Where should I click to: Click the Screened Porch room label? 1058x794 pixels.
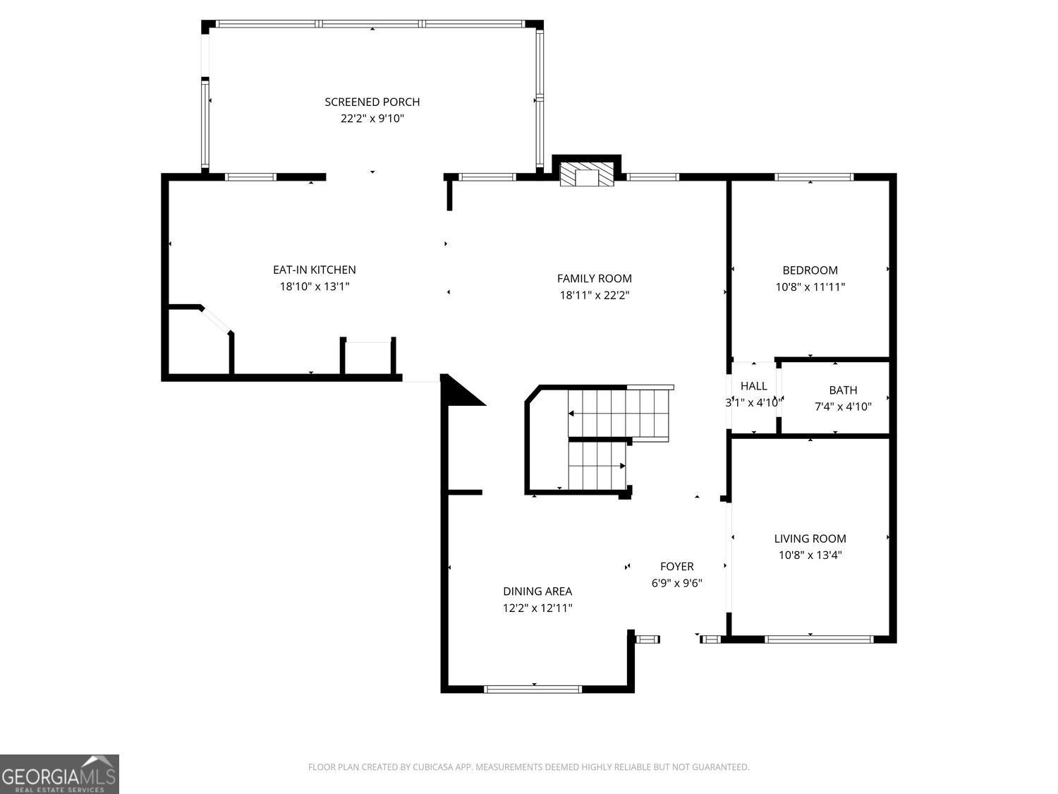[x=372, y=102]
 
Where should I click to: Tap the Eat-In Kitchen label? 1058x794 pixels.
[x=315, y=270]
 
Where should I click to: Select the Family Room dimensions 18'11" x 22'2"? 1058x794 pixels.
[x=595, y=295]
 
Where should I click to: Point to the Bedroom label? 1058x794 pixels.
[x=810, y=270]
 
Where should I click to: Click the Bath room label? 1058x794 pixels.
[x=843, y=390]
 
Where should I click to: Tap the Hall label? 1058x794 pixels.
[x=753, y=385]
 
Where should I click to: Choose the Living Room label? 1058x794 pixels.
[x=810, y=539]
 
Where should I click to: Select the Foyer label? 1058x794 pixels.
[x=676, y=567]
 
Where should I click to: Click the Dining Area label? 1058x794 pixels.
[x=537, y=591]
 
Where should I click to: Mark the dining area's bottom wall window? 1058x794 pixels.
[x=533, y=690]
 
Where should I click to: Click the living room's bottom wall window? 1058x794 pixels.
[x=819, y=639]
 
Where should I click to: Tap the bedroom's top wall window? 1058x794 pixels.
[x=814, y=177]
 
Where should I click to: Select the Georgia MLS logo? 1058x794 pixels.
[x=59, y=774]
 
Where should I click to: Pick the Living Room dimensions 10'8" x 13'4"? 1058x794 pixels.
[x=810, y=555]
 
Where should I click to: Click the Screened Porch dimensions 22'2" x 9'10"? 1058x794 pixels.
[x=372, y=119]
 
